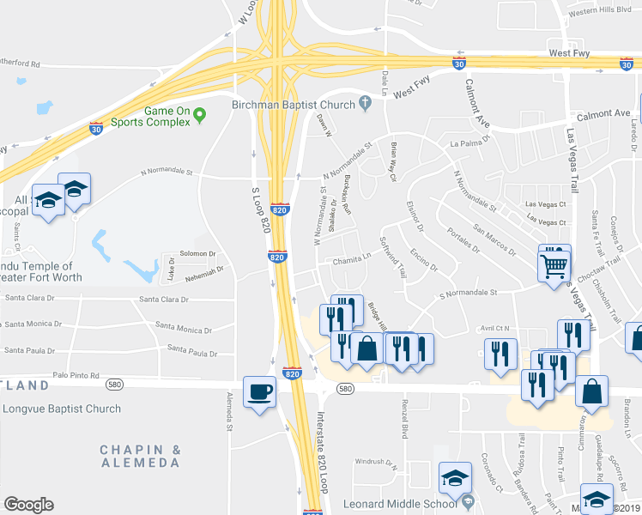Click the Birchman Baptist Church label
(x=294, y=105)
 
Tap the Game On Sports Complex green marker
(x=199, y=113)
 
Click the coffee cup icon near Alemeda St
(x=260, y=392)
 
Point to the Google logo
(x=28, y=505)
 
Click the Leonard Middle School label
(x=400, y=503)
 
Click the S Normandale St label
(x=468, y=293)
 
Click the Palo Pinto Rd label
(x=76, y=375)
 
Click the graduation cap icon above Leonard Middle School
(x=455, y=478)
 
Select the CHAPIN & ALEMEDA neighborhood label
(x=140, y=456)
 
